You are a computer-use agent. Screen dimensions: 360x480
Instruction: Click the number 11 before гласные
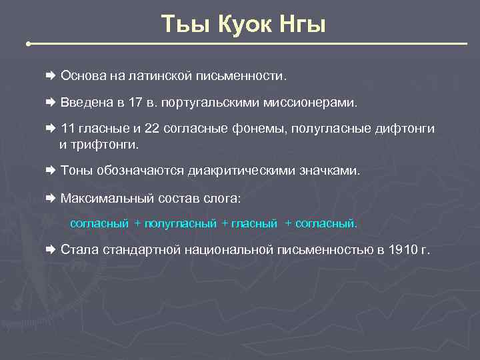click(67, 129)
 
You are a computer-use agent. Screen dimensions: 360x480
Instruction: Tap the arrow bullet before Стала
click(51, 250)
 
